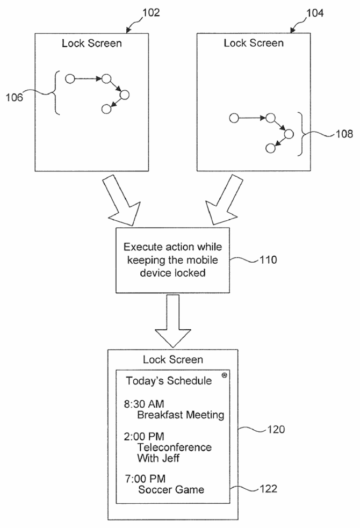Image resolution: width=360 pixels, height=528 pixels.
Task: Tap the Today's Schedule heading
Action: click(x=169, y=381)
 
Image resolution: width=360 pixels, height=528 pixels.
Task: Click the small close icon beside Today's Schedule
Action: click(x=224, y=376)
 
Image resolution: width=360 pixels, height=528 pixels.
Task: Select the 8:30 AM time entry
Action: click(x=145, y=403)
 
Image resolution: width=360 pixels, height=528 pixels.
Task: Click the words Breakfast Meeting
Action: click(x=181, y=415)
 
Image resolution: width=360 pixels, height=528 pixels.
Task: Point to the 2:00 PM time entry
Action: click(x=145, y=436)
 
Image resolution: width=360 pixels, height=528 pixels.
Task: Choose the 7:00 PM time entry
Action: click(x=145, y=478)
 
